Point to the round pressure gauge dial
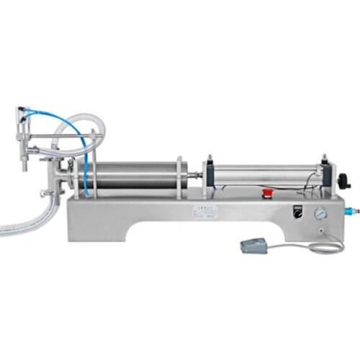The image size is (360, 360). click(320, 214)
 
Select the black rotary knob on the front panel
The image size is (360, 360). click(294, 212)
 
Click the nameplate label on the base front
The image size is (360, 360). click(204, 212)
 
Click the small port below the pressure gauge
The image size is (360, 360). click(320, 231)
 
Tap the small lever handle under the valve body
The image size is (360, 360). click(46, 193)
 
